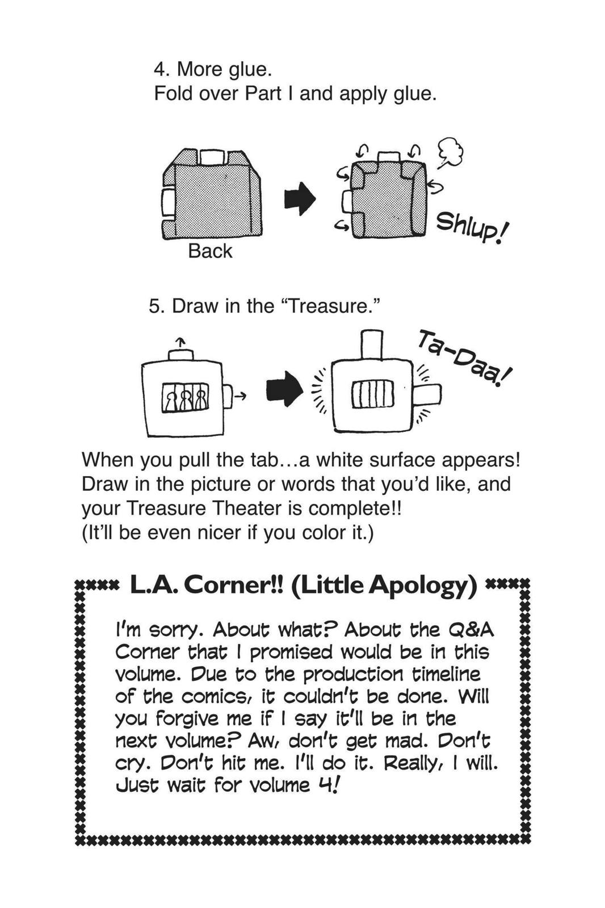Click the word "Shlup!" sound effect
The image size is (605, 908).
(473, 228)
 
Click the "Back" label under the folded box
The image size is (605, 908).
(210, 251)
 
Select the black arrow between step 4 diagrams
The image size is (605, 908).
(299, 199)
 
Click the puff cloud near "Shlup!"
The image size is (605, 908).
(451, 153)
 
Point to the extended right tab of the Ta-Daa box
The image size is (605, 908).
(427, 394)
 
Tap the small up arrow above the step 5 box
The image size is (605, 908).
(180, 342)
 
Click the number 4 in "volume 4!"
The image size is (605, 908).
(324, 785)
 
